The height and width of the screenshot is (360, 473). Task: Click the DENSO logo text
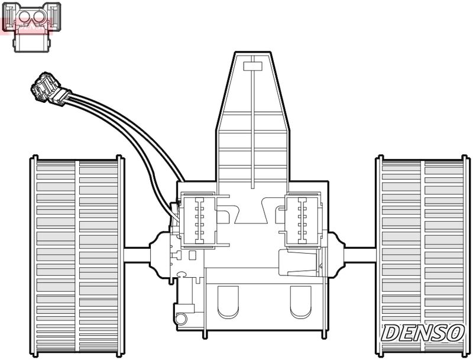422,333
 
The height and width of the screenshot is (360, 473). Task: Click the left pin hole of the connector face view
25,18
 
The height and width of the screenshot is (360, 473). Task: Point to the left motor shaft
137,255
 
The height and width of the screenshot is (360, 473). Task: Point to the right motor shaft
359,255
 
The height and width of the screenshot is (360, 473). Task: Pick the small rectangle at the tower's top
252,64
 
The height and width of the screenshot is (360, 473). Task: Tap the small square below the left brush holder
192,255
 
